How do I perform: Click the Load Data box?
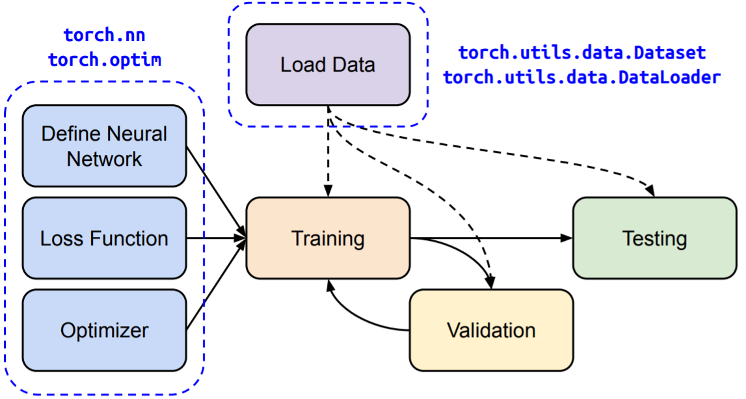pos(328,65)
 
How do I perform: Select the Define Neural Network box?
pos(104,146)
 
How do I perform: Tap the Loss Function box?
pos(104,238)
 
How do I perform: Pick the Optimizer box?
pos(104,331)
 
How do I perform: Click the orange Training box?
pos(328,238)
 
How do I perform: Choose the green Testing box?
pos(654,238)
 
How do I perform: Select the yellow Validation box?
pos(491,330)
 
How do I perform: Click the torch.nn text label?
pos(104,35)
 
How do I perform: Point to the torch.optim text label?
pos(104,60)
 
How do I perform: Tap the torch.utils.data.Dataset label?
pos(582,53)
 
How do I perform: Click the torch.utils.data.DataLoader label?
pos(582,77)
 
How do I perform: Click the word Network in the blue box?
pos(104,159)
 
